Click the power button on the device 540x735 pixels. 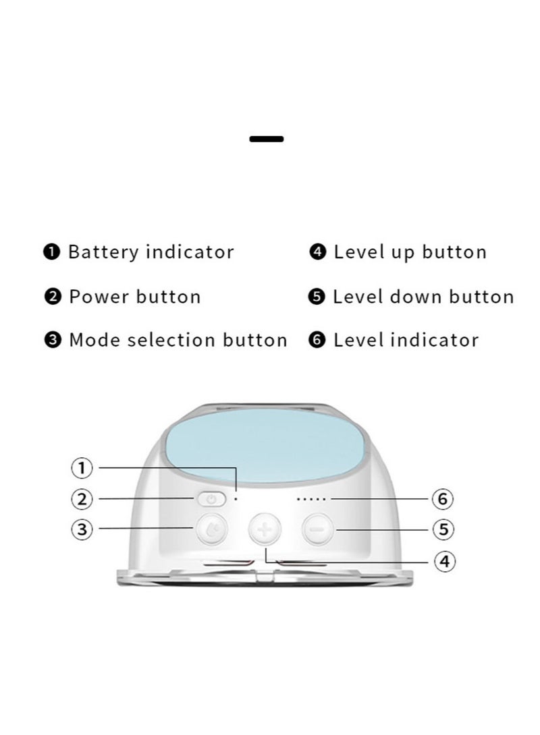point(211,499)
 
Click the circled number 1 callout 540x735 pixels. point(82,467)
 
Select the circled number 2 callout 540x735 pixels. point(82,499)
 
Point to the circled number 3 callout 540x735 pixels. point(82,529)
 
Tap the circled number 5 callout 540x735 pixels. point(443,529)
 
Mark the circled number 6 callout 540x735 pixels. point(443,499)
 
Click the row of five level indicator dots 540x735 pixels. point(311,500)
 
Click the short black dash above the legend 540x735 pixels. point(267,139)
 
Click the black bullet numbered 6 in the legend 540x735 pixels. point(317,340)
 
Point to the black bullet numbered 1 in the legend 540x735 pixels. point(52,253)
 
